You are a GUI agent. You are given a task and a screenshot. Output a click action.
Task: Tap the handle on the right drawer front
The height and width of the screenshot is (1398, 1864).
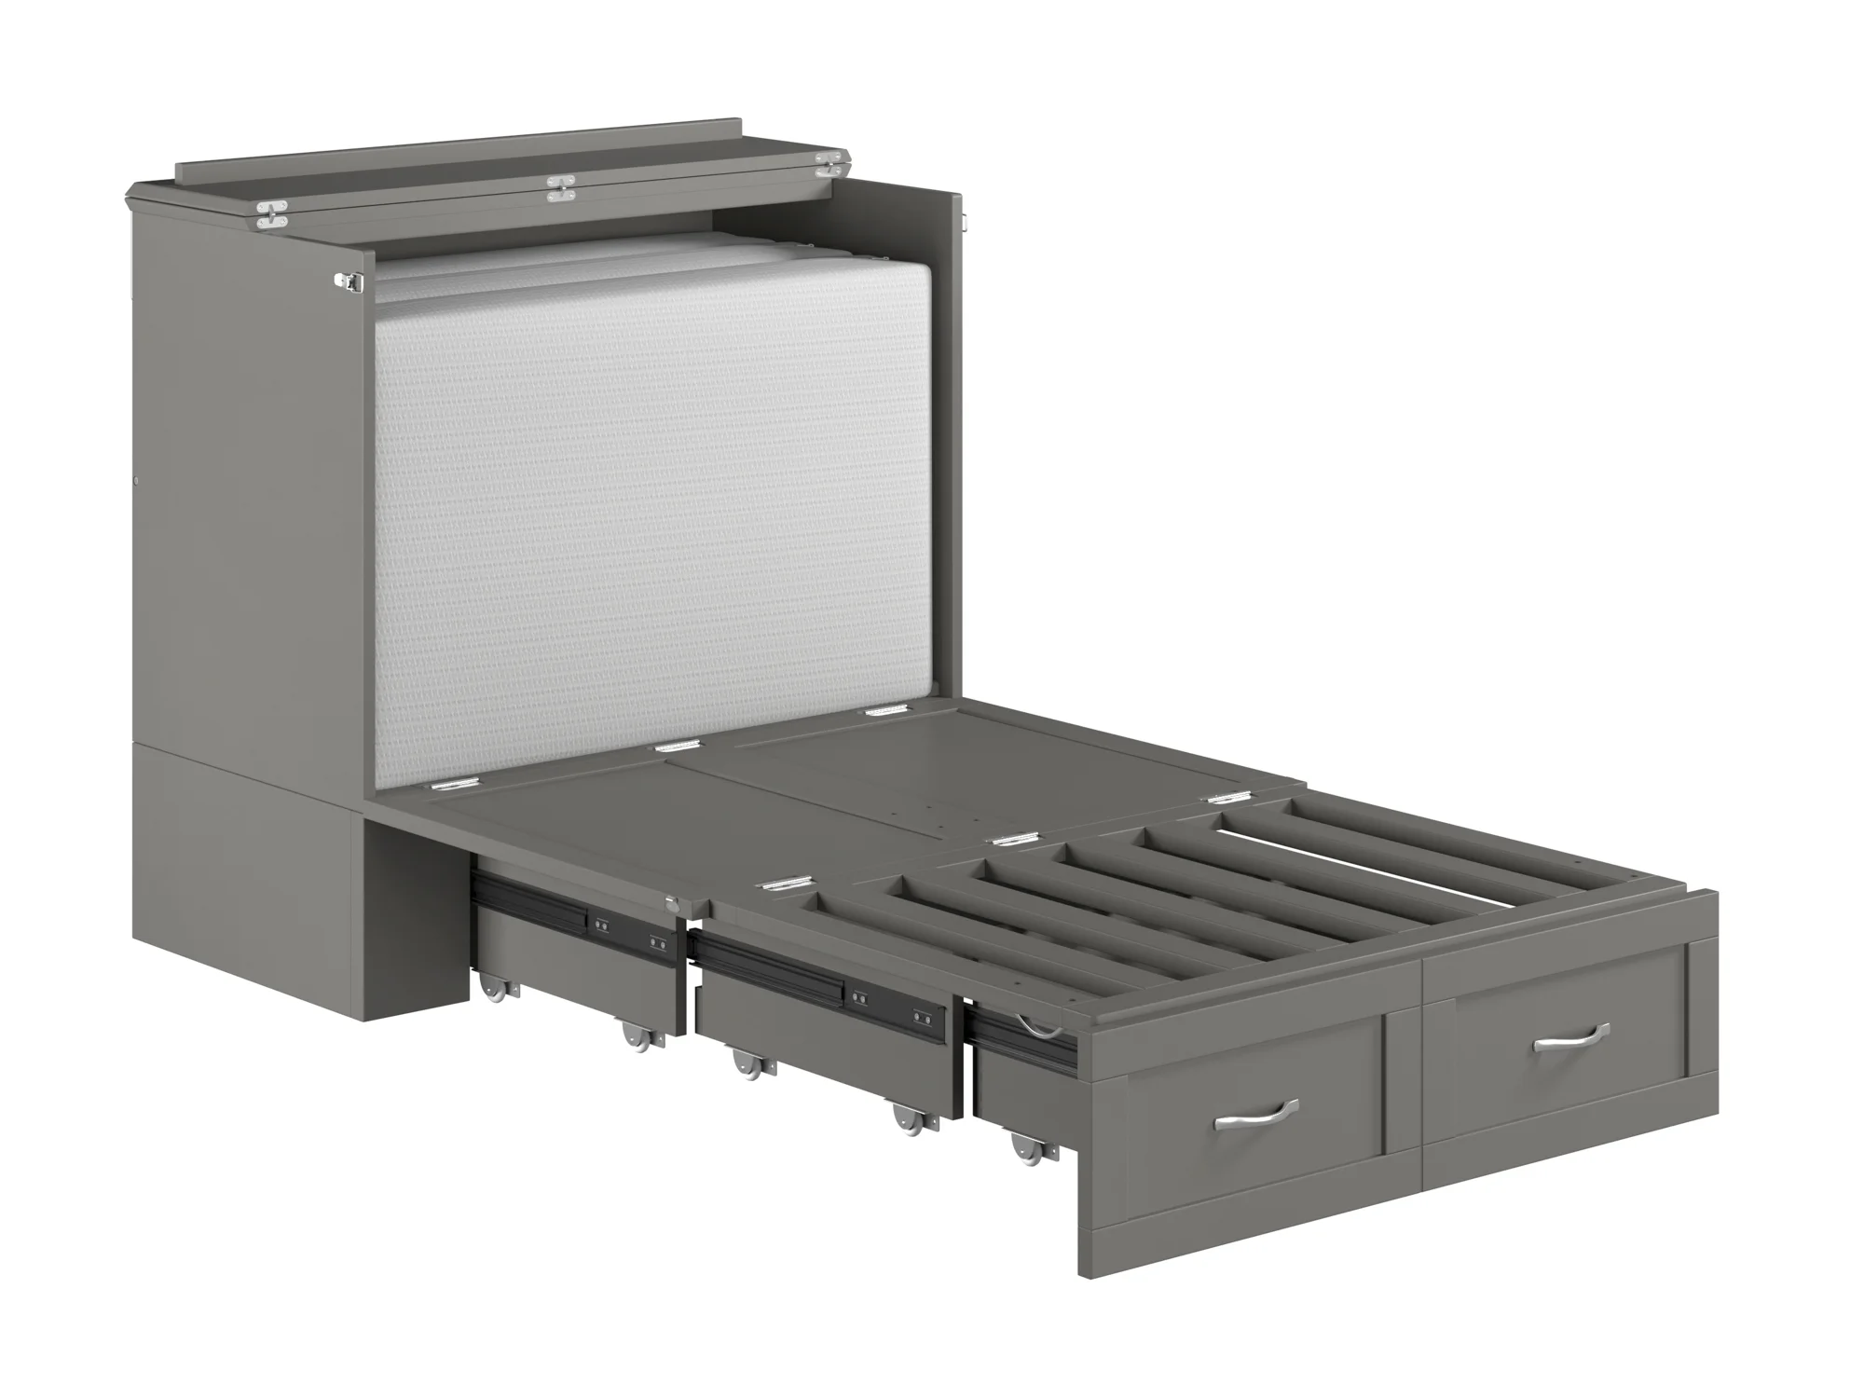point(1571,1036)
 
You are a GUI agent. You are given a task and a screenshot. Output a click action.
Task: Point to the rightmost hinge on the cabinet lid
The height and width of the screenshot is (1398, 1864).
point(829,166)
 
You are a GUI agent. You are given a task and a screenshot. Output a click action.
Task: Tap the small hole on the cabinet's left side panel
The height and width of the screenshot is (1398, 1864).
point(137,482)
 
